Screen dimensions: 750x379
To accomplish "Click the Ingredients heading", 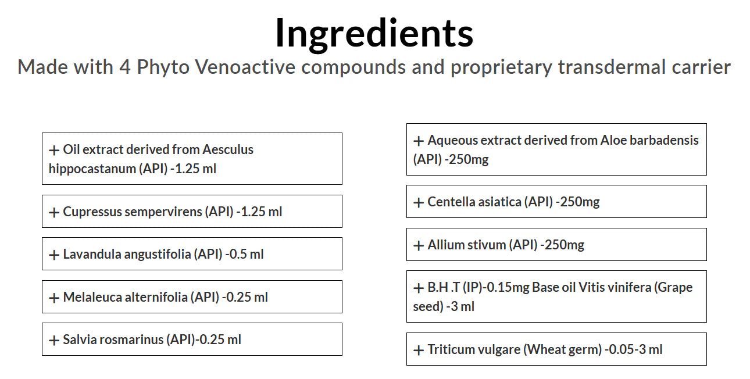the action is (374, 34).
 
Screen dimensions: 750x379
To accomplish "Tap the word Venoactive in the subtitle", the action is (245, 67).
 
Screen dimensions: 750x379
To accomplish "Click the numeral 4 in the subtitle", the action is (125, 67).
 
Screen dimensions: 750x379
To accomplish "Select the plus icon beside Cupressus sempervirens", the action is (54, 212).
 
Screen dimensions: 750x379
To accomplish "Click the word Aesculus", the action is (228, 149).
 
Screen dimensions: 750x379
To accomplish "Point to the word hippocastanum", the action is (92, 169).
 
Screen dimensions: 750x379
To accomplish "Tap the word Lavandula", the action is (92, 254).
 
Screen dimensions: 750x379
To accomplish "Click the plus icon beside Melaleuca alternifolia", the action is (54, 298).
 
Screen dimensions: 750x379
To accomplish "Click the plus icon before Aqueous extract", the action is (419, 141).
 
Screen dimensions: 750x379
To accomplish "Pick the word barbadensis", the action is (665, 140).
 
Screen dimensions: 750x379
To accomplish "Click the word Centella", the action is (451, 202).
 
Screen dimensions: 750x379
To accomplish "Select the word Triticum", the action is (451, 349).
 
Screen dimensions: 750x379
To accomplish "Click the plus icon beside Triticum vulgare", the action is (419, 350).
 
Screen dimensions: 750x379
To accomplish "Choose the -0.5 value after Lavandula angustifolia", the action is (236, 254).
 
